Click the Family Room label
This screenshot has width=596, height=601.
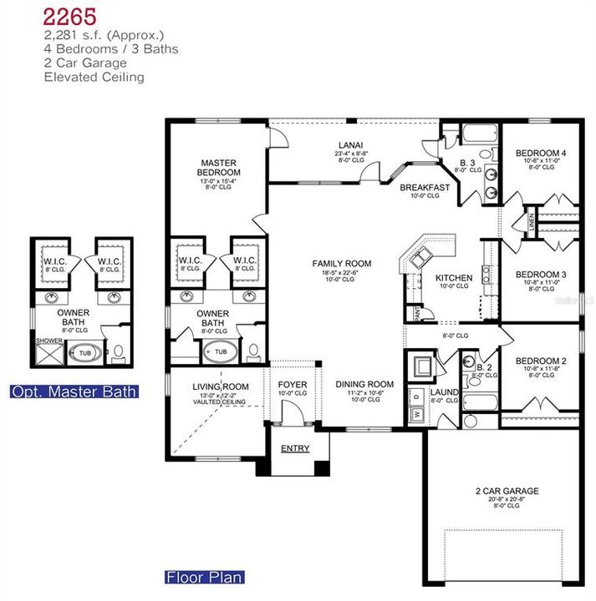click(x=343, y=264)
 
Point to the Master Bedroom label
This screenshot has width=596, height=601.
click(x=219, y=168)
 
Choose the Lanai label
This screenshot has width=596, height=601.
click(x=349, y=144)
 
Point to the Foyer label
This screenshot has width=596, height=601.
click(x=293, y=385)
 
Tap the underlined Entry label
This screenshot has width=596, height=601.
click(x=295, y=448)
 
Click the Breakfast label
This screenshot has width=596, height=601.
click(x=425, y=188)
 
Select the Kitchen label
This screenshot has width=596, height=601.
click(x=454, y=278)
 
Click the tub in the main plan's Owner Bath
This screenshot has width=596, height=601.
click(x=220, y=351)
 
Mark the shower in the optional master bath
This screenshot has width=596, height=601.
click(x=48, y=354)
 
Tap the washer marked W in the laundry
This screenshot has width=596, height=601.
click(x=415, y=413)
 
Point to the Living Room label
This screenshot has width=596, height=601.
click(x=221, y=386)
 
